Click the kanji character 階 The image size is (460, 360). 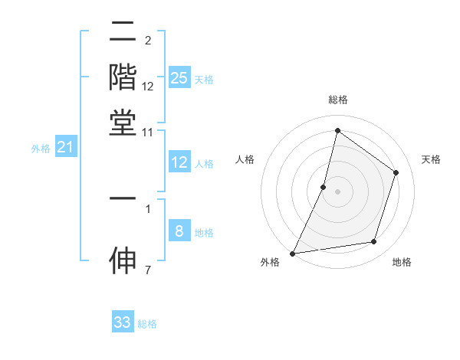point(123,78)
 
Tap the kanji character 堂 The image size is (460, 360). point(123,123)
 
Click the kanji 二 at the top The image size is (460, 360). point(123,33)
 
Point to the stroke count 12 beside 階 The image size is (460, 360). point(148,87)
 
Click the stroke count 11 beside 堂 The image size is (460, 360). point(148,132)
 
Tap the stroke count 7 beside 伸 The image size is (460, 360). point(148,270)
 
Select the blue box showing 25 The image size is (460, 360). point(179,78)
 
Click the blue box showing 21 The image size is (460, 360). point(64,147)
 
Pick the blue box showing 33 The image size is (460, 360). point(123,322)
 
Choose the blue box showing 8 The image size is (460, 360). point(179,231)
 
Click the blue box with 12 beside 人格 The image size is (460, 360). point(179,162)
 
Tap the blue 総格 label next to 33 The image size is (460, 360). point(147,324)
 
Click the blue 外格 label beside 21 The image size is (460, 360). point(40,149)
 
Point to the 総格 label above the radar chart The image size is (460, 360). point(337,100)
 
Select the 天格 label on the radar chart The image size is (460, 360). point(431,159)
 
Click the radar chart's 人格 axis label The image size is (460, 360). point(245,159)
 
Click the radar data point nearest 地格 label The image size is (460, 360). point(374,242)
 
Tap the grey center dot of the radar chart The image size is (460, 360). point(337,191)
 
